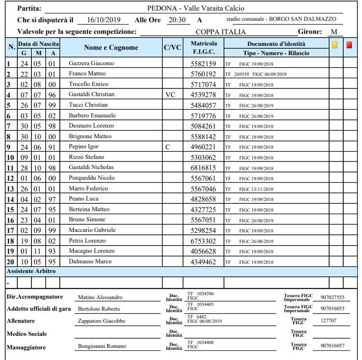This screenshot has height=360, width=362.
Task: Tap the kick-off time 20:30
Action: pyautogui.click(x=179, y=20)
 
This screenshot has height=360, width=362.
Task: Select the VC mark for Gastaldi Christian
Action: pyautogui.click(x=170, y=95)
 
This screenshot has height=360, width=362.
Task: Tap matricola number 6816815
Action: pyautogui.click(x=203, y=168)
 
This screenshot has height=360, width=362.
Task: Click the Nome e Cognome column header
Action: pyautogui.click(x=111, y=48)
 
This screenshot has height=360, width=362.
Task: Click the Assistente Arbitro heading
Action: pyautogui.click(x=31, y=272)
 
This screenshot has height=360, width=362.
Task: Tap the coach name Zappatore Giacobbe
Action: pyautogui.click(x=101, y=321)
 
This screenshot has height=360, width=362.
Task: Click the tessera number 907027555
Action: pyautogui.click(x=332, y=298)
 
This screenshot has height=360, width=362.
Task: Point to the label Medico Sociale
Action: pyautogui.click(x=27, y=334)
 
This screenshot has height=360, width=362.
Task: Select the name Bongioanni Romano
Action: pyautogui.click(x=102, y=346)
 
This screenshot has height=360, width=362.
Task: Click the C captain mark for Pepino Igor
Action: pyautogui.click(x=167, y=146)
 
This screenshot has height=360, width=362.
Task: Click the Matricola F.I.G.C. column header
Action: pyautogui.click(x=203, y=48)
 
